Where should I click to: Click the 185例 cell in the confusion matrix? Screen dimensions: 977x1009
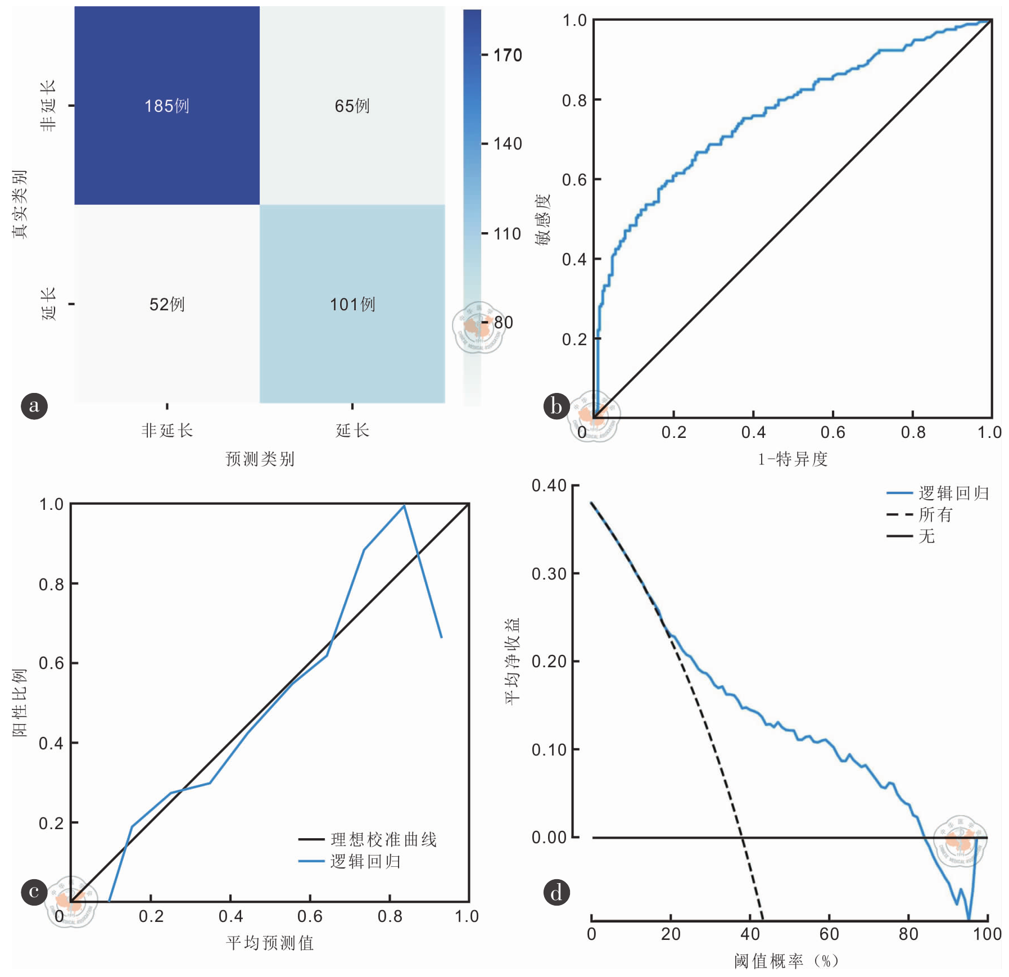coord(166,106)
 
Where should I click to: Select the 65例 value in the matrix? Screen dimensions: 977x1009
coord(352,106)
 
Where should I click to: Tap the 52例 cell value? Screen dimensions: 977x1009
coord(166,304)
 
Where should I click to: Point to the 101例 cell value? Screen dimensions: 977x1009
coord(352,304)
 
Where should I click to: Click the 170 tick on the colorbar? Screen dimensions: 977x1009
coord(507,55)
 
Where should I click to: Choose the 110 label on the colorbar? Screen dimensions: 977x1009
coord(507,233)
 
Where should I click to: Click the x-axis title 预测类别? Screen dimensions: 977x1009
coord(260,459)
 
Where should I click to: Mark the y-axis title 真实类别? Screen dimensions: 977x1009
coord(20,203)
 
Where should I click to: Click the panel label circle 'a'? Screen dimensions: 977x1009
coord(34,405)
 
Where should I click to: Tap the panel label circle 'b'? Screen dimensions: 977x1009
coord(556,405)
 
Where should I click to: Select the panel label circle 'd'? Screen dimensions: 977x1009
coord(556,892)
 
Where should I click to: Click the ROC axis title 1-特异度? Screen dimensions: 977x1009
coord(793,459)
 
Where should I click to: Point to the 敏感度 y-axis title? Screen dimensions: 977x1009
coord(542,219)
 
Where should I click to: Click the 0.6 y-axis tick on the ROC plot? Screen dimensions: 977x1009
coord(574,180)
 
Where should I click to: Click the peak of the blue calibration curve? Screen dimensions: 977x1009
coord(404,506)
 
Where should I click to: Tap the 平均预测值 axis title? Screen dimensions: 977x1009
coord(270,943)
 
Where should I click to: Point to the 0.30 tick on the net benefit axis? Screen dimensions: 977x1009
coord(549,574)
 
